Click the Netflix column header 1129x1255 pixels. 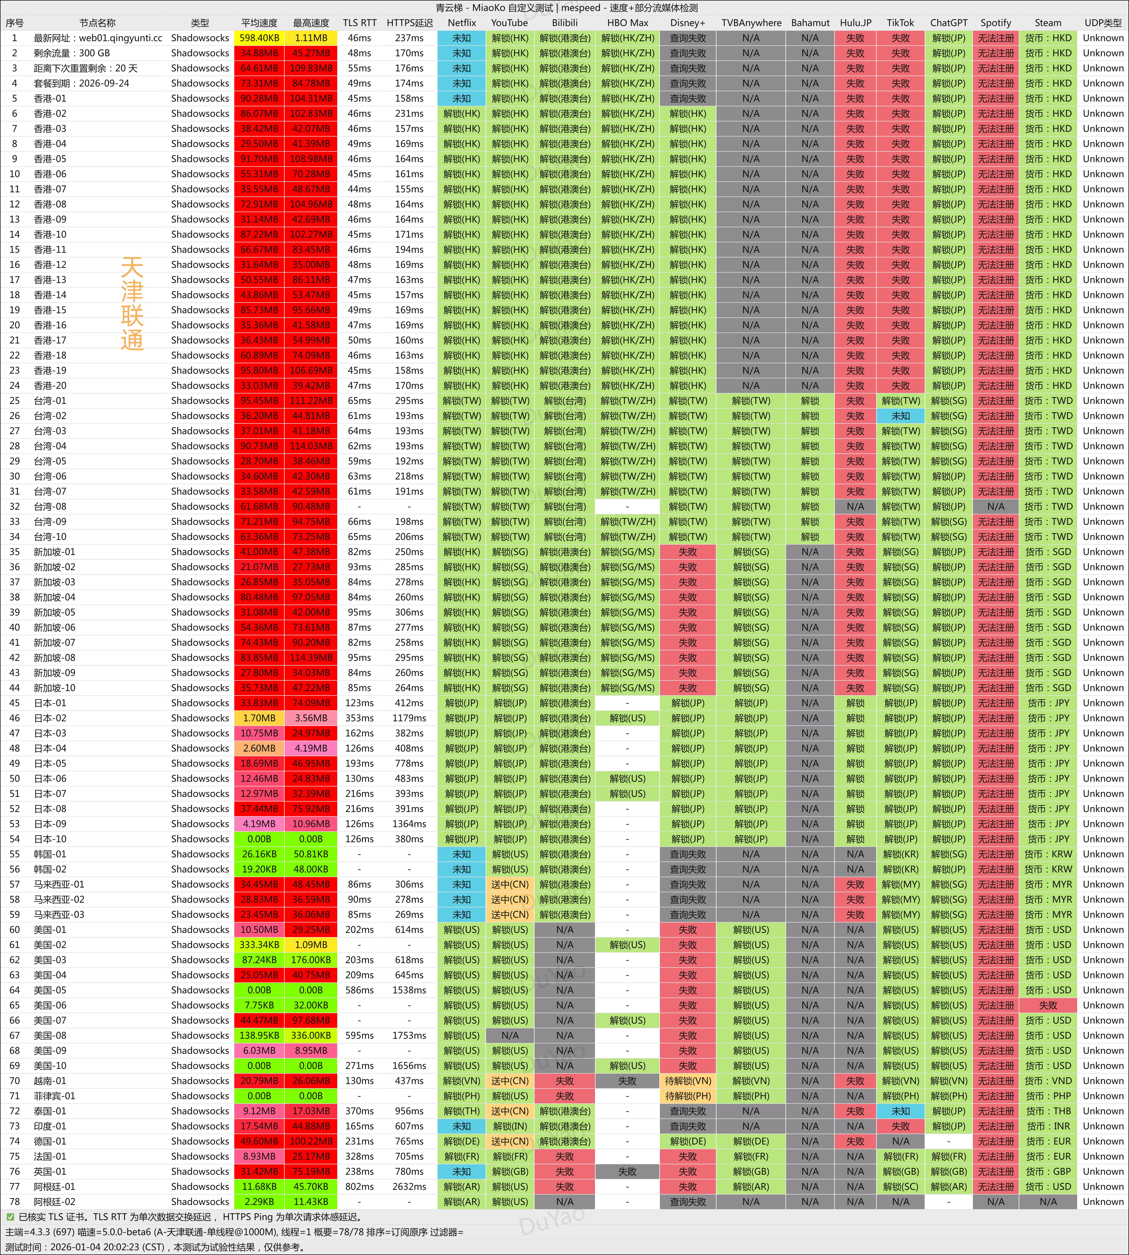click(x=462, y=23)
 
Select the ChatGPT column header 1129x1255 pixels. click(x=948, y=23)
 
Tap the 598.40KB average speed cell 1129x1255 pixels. click(x=259, y=38)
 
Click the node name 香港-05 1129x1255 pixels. click(x=50, y=159)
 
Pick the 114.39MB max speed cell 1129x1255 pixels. click(x=311, y=657)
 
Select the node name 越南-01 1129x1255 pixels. click(x=50, y=1081)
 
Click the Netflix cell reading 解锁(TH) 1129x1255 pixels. click(x=462, y=1111)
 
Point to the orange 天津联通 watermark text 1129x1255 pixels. click(x=132, y=304)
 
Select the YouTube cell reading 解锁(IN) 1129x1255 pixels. click(x=510, y=1126)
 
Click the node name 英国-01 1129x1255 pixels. click(x=50, y=1171)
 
